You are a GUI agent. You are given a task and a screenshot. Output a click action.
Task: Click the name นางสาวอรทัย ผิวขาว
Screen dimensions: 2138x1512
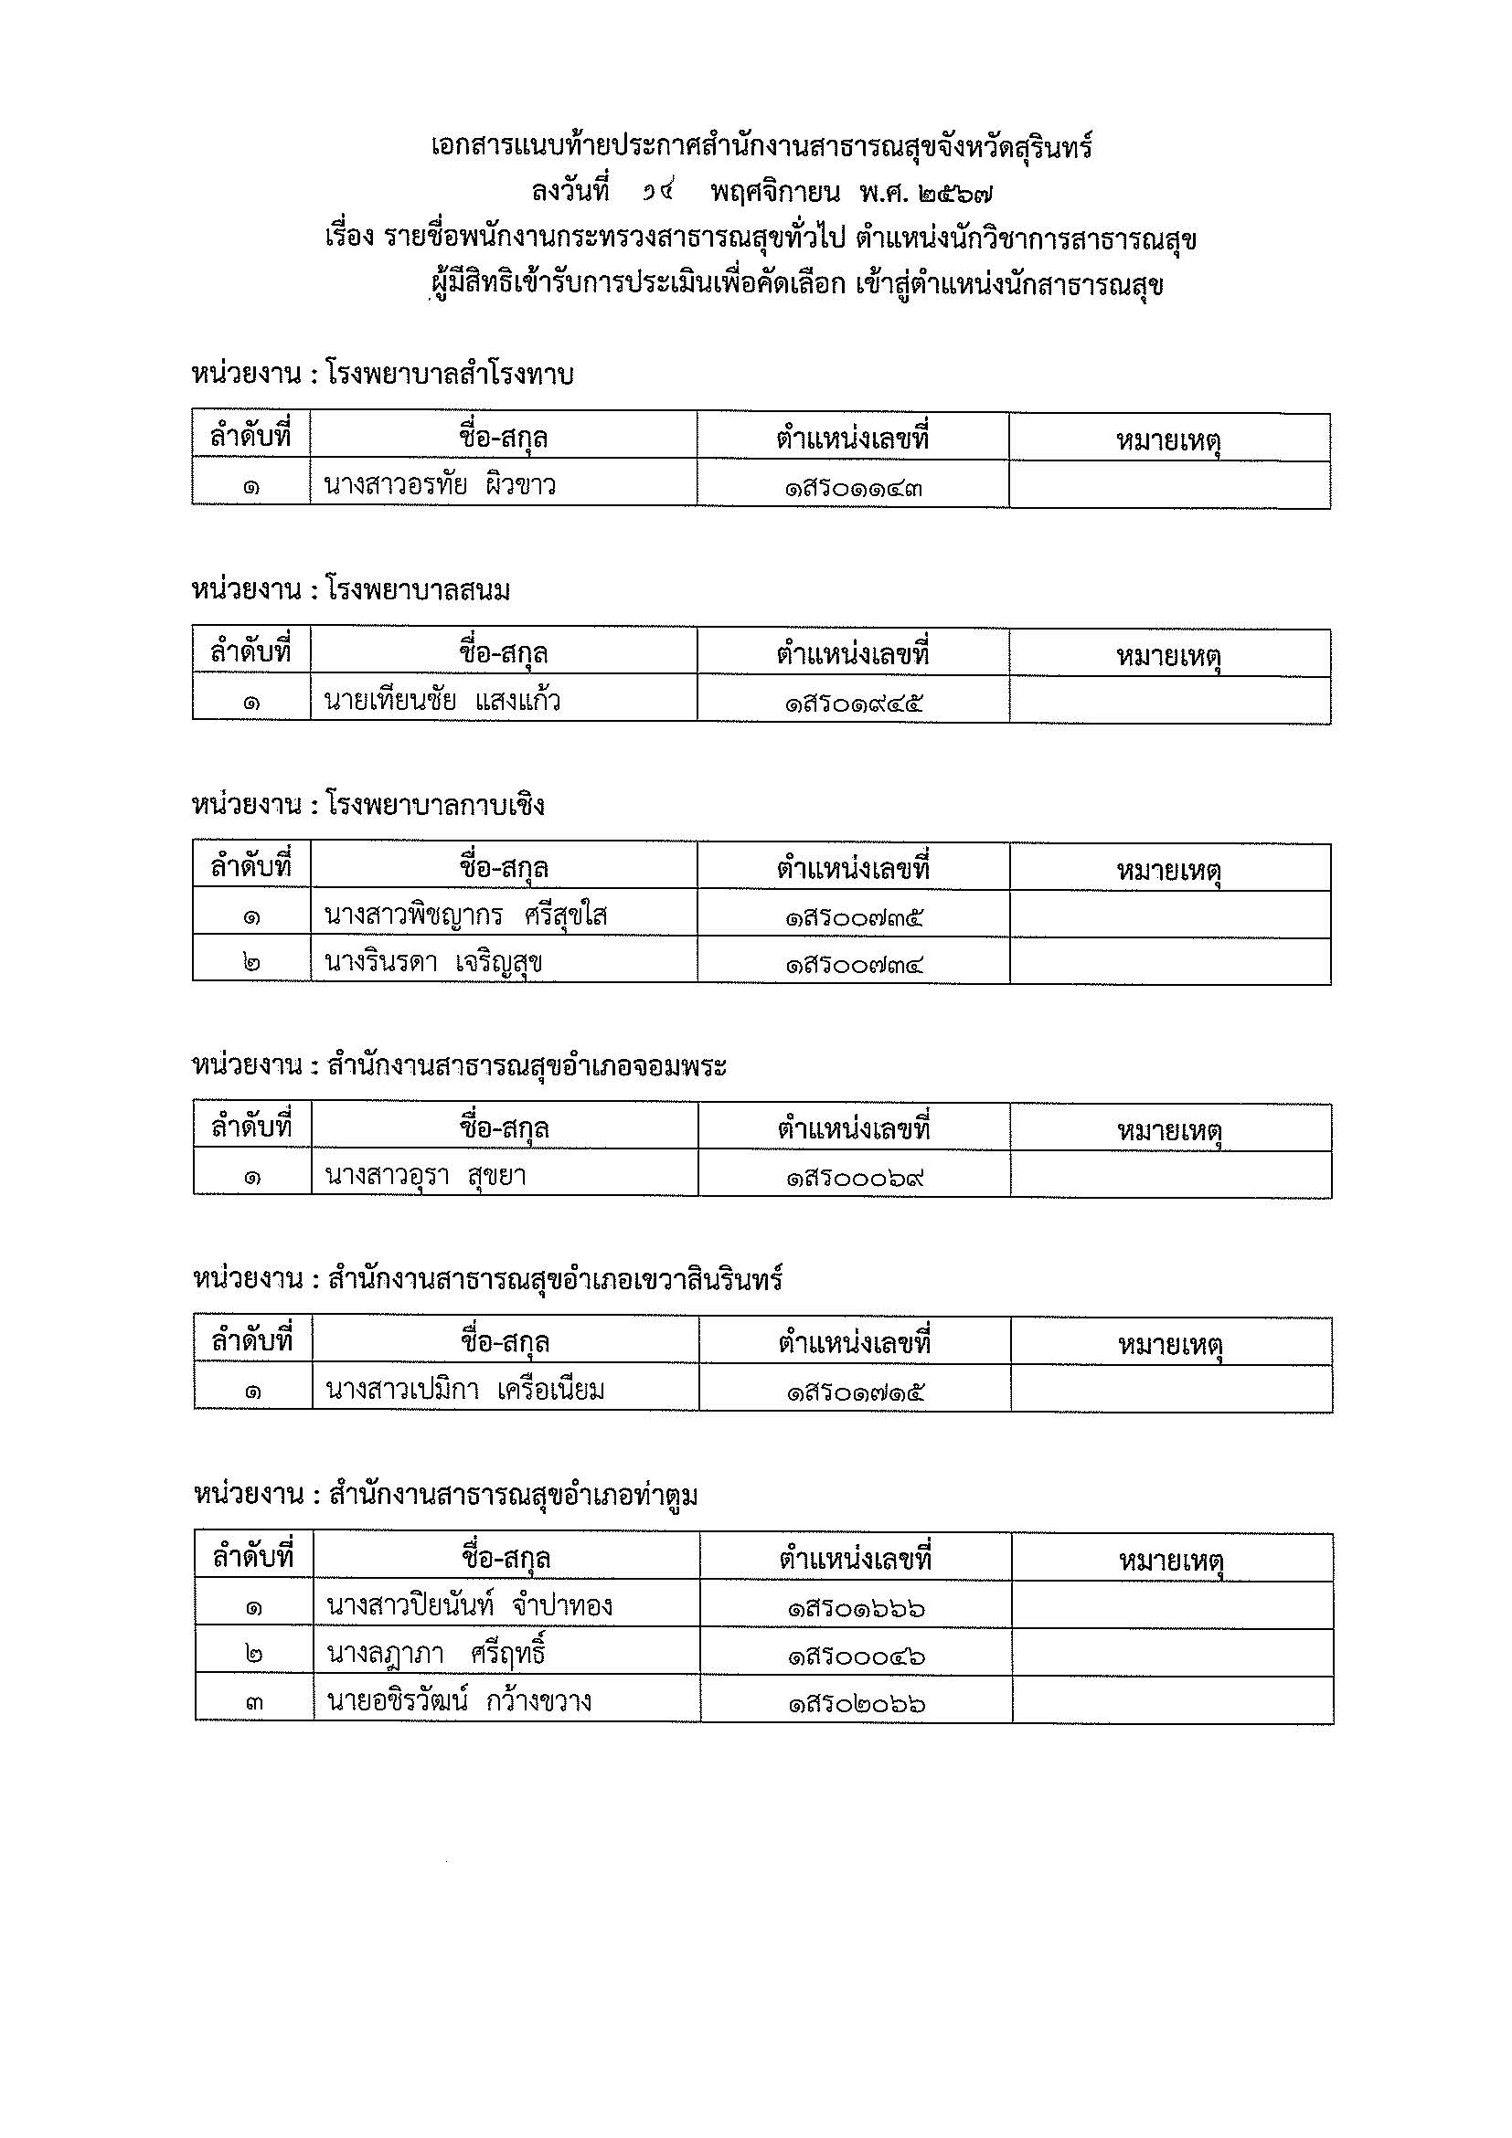point(440,485)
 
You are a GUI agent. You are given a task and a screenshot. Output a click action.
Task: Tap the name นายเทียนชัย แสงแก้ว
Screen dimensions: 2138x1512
point(442,700)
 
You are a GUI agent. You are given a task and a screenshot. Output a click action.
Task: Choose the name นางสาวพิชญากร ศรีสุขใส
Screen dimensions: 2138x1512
point(466,916)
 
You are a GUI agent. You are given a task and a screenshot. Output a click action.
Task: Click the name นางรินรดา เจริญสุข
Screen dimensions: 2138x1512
point(433,962)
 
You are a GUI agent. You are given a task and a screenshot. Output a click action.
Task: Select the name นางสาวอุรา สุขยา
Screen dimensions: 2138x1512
point(426,1176)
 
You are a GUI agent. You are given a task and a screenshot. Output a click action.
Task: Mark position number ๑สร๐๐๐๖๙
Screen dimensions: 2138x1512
point(855,1178)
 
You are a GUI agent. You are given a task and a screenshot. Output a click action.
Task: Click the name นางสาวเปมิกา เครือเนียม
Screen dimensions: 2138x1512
point(465,1391)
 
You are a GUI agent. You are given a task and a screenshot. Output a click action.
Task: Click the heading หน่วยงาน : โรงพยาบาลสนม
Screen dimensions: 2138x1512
point(351,590)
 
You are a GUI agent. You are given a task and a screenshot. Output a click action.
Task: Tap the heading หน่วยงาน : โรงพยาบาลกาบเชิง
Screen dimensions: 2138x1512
point(368,805)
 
